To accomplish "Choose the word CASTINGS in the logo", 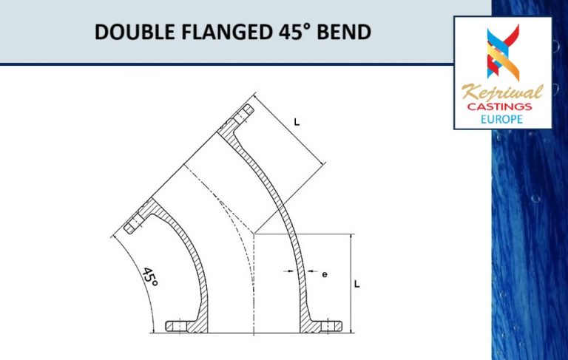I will (x=502, y=108).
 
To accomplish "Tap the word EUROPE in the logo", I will (x=502, y=119).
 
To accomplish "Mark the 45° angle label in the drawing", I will (x=149, y=277).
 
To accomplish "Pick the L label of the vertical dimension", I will (x=356, y=283).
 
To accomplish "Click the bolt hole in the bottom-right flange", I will (x=332, y=325).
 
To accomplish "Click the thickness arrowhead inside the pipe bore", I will (x=291, y=274).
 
